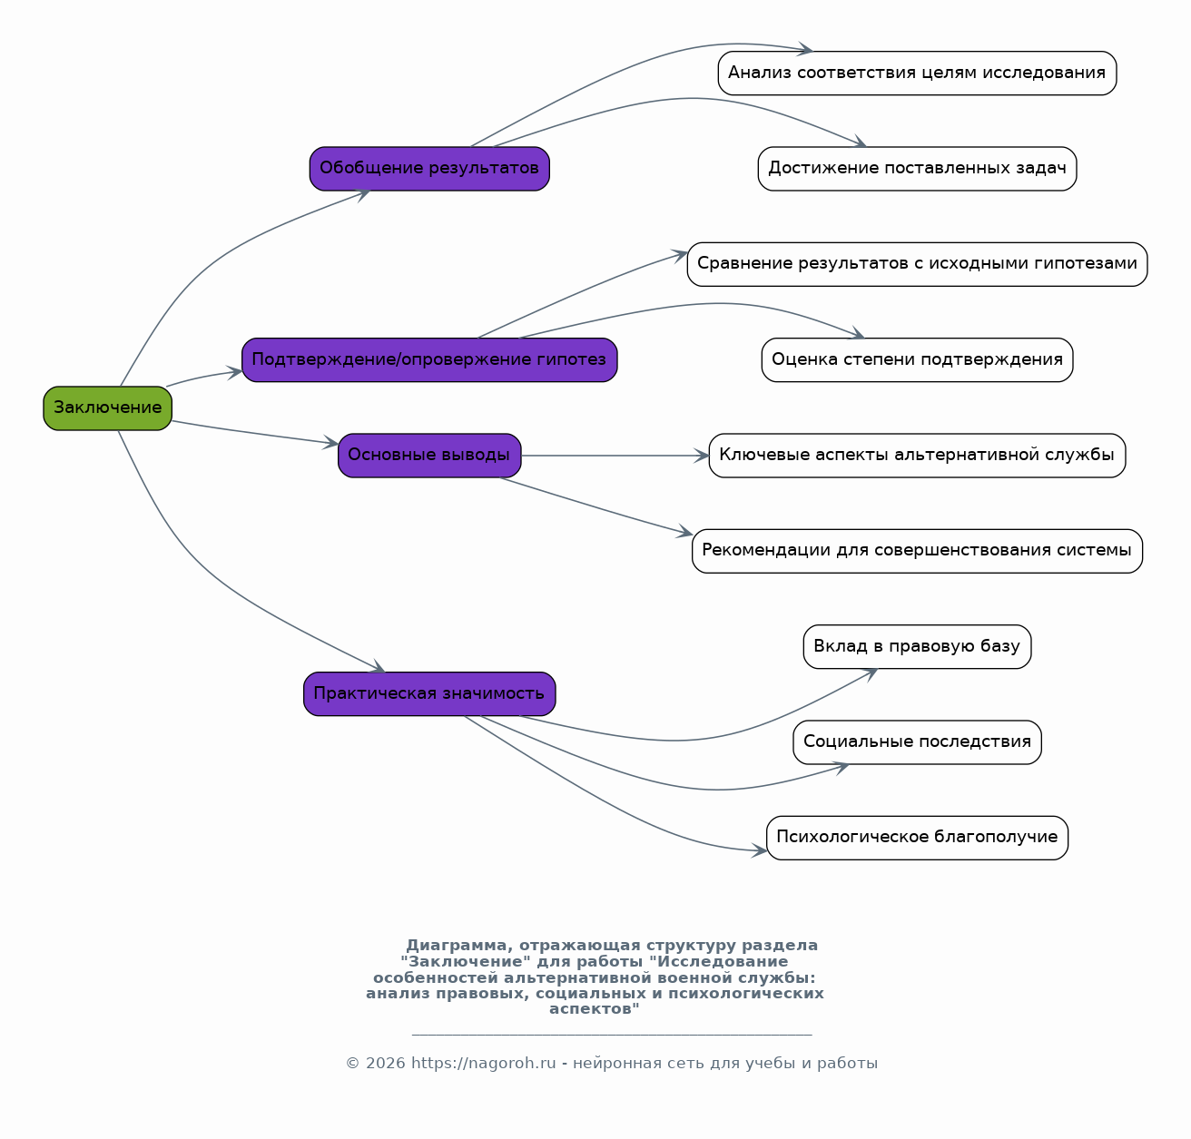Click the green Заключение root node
pyautogui.click(x=108, y=408)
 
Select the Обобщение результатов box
pyautogui.click(x=429, y=168)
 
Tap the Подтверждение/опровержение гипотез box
pyautogui.click(x=429, y=360)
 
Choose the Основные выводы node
pyautogui.click(x=429, y=456)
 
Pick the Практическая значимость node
pyautogui.click(x=429, y=694)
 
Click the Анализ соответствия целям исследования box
pyautogui.click(x=918, y=73)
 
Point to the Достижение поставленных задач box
pyautogui.click(x=918, y=168)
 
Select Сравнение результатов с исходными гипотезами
pyautogui.click(x=918, y=264)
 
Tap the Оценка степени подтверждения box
pyautogui.click(x=918, y=360)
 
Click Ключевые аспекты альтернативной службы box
pyautogui.click(x=918, y=456)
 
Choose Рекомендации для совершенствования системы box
pyautogui.click(x=918, y=551)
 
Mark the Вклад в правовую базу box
pyautogui.click(x=918, y=646)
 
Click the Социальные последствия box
pyautogui.click(x=918, y=741)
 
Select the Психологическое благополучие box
pyautogui.click(x=918, y=838)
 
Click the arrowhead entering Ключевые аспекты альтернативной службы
pyautogui.click(x=702, y=456)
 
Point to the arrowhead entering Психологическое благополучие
pyautogui.click(x=760, y=850)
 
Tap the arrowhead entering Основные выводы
pyautogui.click(x=331, y=443)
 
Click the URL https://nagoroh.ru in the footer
pyautogui.click(x=484, y=1063)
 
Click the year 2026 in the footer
pyautogui.click(x=386, y=1063)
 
